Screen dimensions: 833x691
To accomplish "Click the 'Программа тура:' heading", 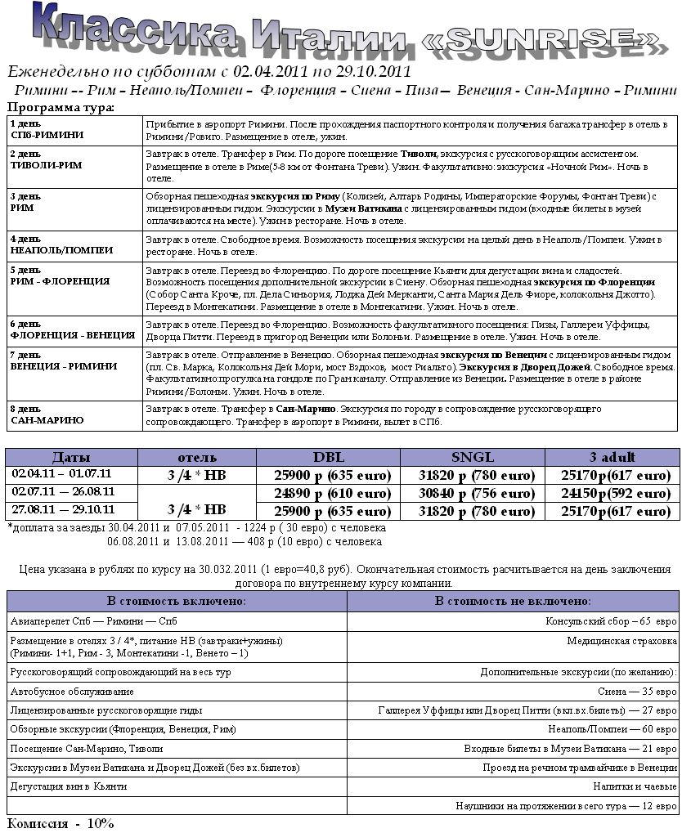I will click(x=61, y=107).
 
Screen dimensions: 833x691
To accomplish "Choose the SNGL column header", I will click(x=473, y=457).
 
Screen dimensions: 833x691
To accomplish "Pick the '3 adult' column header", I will click(x=612, y=457).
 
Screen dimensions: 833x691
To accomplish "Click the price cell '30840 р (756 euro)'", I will click(x=473, y=493).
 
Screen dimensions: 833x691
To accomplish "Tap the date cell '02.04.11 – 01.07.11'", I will click(x=62, y=473).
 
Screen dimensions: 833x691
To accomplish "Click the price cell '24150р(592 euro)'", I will click(x=612, y=493).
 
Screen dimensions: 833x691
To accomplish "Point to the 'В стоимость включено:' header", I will click(x=177, y=601).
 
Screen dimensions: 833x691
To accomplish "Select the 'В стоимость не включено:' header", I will click(x=513, y=601).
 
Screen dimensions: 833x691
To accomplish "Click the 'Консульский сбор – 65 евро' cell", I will click(x=612, y=620).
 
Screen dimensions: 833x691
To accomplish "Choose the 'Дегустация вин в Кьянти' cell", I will click(x=69, y=786).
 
